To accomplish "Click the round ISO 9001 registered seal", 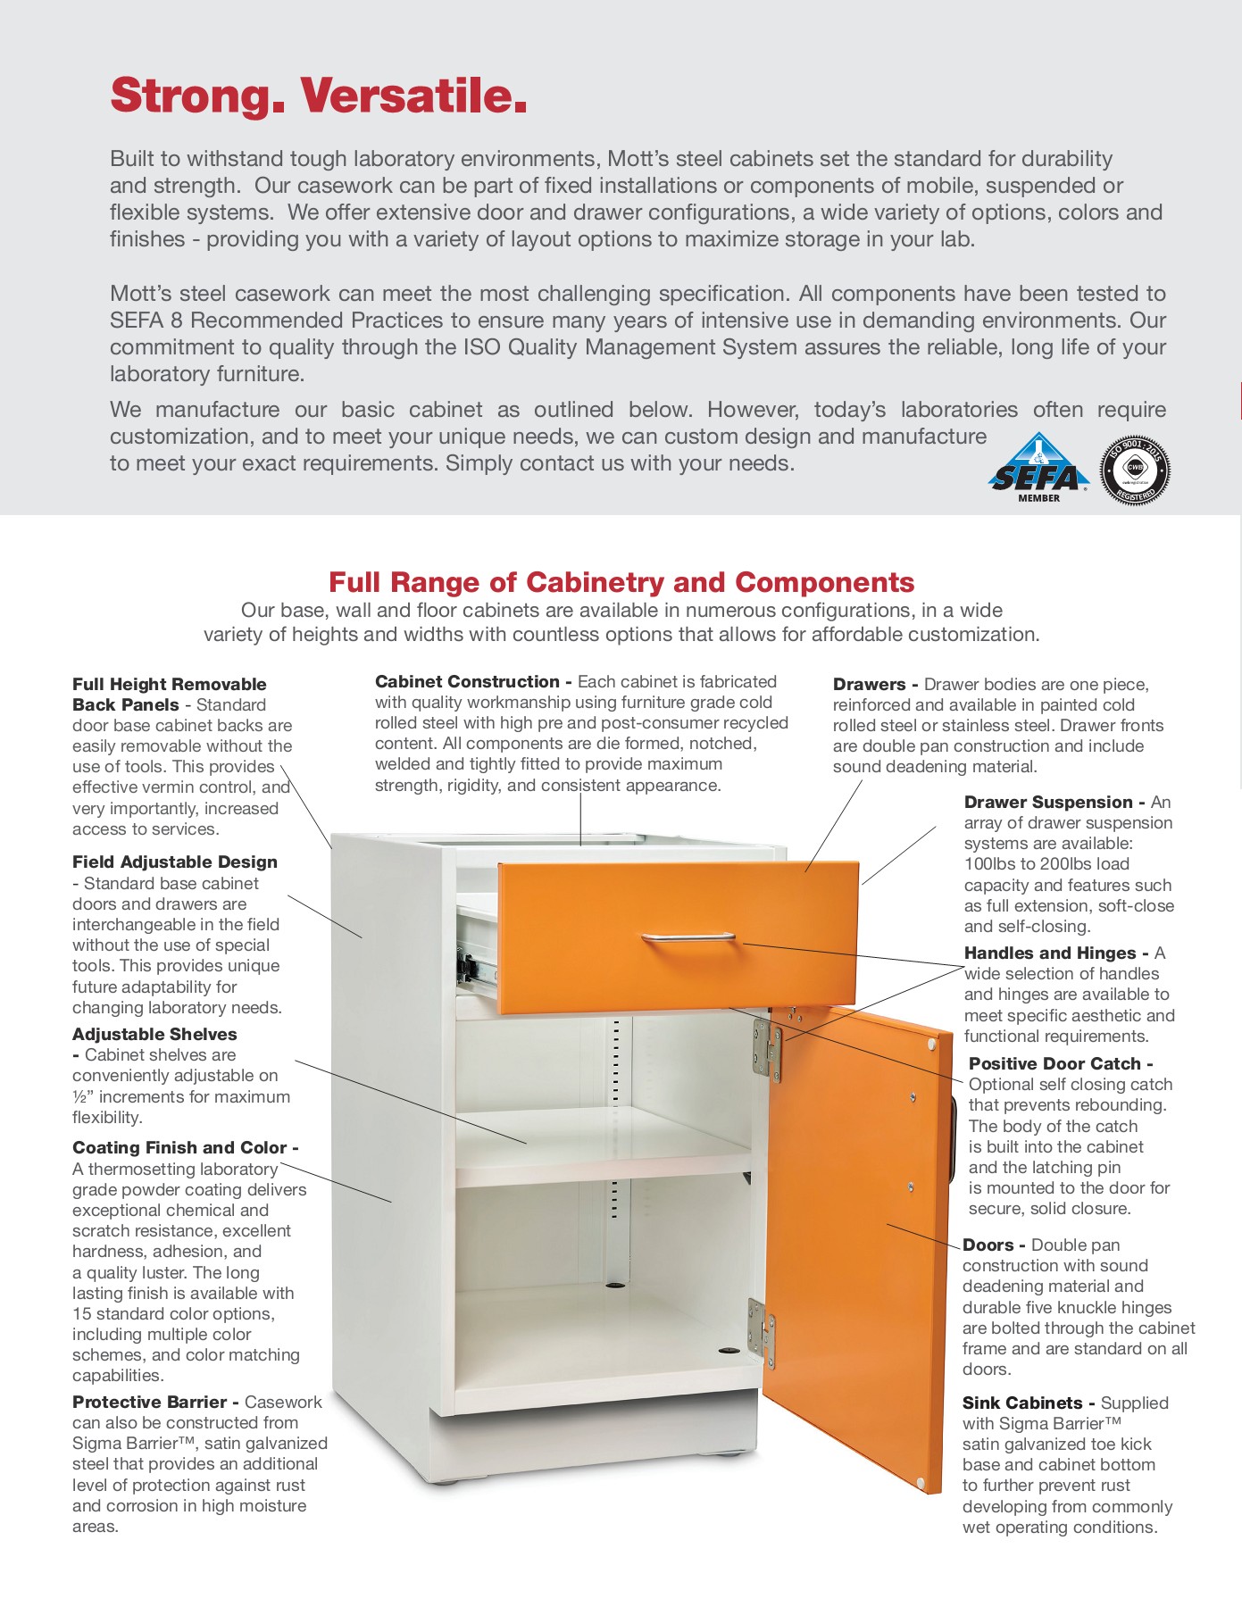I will point(1134,470).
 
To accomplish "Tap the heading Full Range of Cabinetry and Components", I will point(621,582).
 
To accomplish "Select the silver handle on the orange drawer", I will point(688,938).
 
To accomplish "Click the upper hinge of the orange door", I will point(766,1048).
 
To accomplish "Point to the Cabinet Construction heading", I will point(468,682).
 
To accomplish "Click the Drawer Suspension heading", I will point(1048,802).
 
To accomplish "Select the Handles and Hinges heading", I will point(1050,953).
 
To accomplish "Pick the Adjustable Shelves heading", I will point(154,1034).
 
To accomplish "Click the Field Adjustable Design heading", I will point(175,862).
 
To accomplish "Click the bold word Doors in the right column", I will point(988,1245).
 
